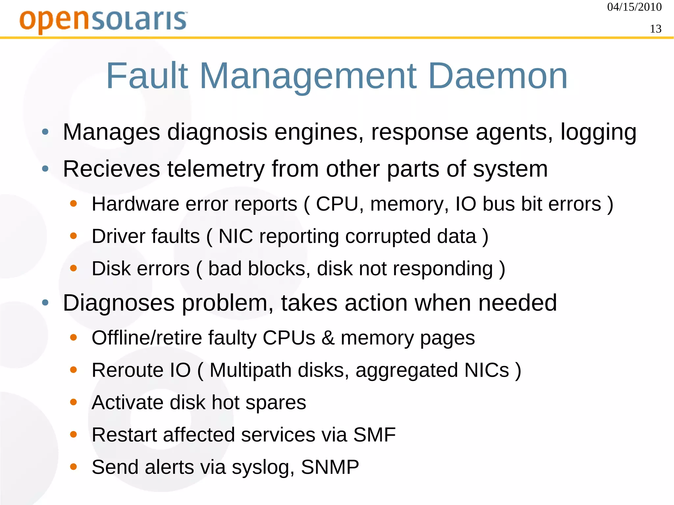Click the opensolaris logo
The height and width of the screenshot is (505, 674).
(103, 21)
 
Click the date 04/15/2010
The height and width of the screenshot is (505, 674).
(634, 7)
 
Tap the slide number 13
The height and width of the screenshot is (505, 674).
(656, 29)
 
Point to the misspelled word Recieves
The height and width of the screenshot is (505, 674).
(112, 169)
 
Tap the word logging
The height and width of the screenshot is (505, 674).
(598, 132)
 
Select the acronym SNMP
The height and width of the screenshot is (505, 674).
(330, 467)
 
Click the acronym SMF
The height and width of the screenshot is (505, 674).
(374, 435)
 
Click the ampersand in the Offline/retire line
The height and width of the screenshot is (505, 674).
(328, 338)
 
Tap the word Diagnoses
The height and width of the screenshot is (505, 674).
(118, 303)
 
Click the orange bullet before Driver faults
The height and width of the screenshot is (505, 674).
(73, 236)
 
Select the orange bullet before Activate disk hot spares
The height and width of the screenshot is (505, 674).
(73, 402)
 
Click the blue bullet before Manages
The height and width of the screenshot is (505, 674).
(45, 132)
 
